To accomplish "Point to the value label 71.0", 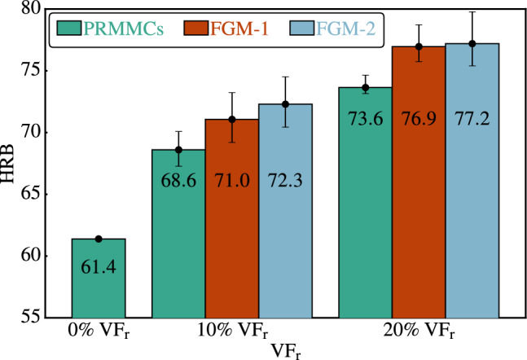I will (x=231, y=204).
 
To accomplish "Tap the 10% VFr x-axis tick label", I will (x=232, y=333).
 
